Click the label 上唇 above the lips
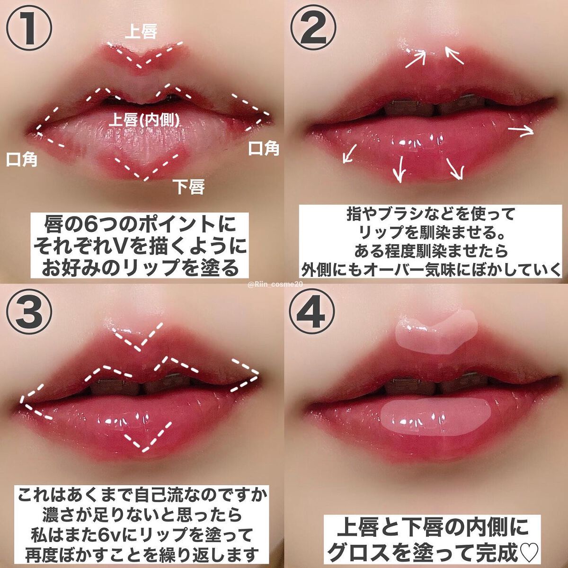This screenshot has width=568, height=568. [141, 32]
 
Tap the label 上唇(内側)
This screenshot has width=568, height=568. [144, 119]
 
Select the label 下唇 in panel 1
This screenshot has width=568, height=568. [188, 186]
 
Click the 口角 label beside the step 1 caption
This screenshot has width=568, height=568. [22, 160]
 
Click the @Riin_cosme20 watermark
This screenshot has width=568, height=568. [275, 284]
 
